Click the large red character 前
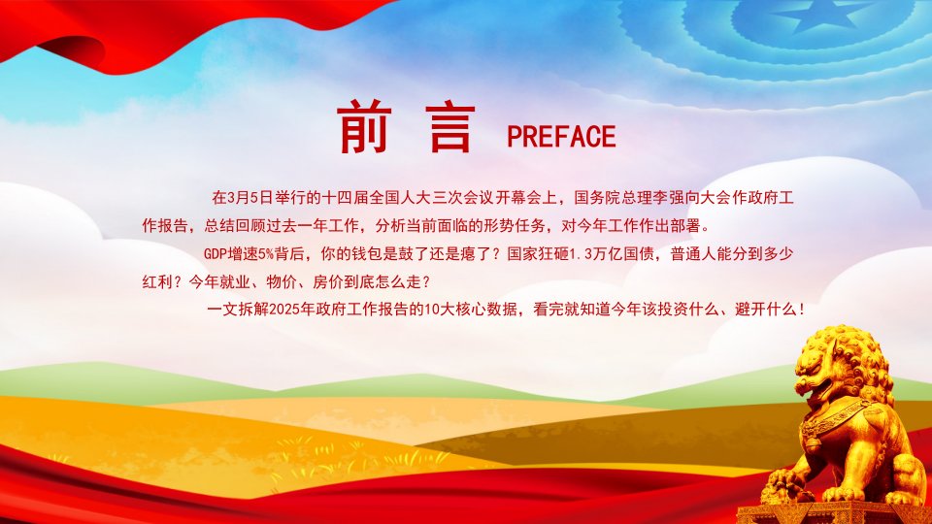coord(364,126)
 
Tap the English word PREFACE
coord(561,137)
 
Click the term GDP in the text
coord(216,253)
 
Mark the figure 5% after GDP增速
coord(266,253)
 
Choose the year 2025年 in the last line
coord(292,309)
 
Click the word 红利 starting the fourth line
coord(157,281)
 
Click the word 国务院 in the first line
coord(597,197)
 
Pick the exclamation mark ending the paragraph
coord(803,309)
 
